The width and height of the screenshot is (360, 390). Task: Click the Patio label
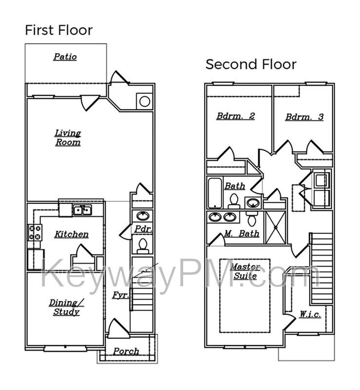coord(65,57)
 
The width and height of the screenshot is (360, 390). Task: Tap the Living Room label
coord(68,137)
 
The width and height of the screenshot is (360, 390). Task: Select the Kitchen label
coord(71,234)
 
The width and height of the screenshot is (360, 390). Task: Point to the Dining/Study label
coord(66,307)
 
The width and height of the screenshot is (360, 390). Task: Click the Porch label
coord(126,351)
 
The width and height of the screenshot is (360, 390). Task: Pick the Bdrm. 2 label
coord(235,116)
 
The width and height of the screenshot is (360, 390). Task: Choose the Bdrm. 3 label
coord(304,117)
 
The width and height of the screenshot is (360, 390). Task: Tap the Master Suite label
coord(246,272)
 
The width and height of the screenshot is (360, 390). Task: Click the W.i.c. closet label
coord(310,314)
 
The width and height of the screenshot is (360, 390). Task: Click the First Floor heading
coord(58,30)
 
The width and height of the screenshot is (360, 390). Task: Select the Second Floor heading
coord(251,64)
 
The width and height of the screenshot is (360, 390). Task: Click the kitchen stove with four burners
coord(35,233)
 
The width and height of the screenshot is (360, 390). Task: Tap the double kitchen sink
coord(82,210)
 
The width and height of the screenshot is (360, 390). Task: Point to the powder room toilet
coord(143,246)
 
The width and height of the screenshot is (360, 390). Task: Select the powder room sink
coord(142,216)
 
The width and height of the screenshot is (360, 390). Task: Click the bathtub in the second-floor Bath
coord(215,193)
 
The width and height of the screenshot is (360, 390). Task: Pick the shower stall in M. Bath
coord(275,228)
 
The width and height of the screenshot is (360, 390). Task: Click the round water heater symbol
coord(145,101)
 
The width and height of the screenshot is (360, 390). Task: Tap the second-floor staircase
coord(321,269)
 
